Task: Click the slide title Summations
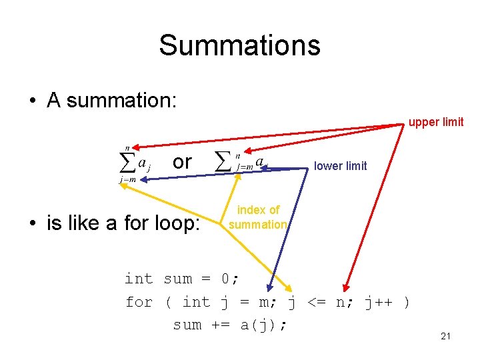[x=239, y=45]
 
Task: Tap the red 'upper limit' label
[x=436, y=122]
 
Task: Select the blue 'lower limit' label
[x=340, y=166]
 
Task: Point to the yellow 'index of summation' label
[x=258, y=217]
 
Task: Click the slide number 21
[x=446, y=336]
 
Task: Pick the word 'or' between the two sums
[x=182, y=162]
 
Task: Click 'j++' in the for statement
[x=378, y=302]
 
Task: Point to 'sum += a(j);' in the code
[x=231, y=325]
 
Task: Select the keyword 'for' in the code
[x=139, y=302]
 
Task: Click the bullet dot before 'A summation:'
[x=32, y=101]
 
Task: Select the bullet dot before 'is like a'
[x=32, y=224]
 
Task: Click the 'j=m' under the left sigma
[x=125, y=179]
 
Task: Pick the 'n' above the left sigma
[x=127, y=147]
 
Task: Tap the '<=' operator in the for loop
[x=315, y=302]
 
